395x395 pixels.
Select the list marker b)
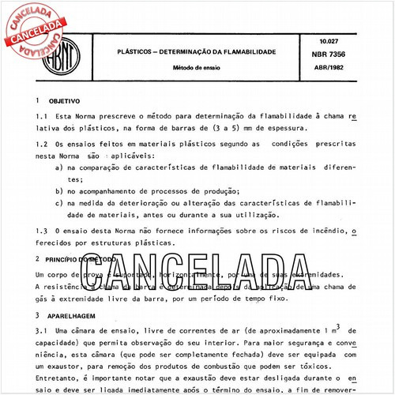click(60, 192)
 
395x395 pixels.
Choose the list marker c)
click(60, 205)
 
